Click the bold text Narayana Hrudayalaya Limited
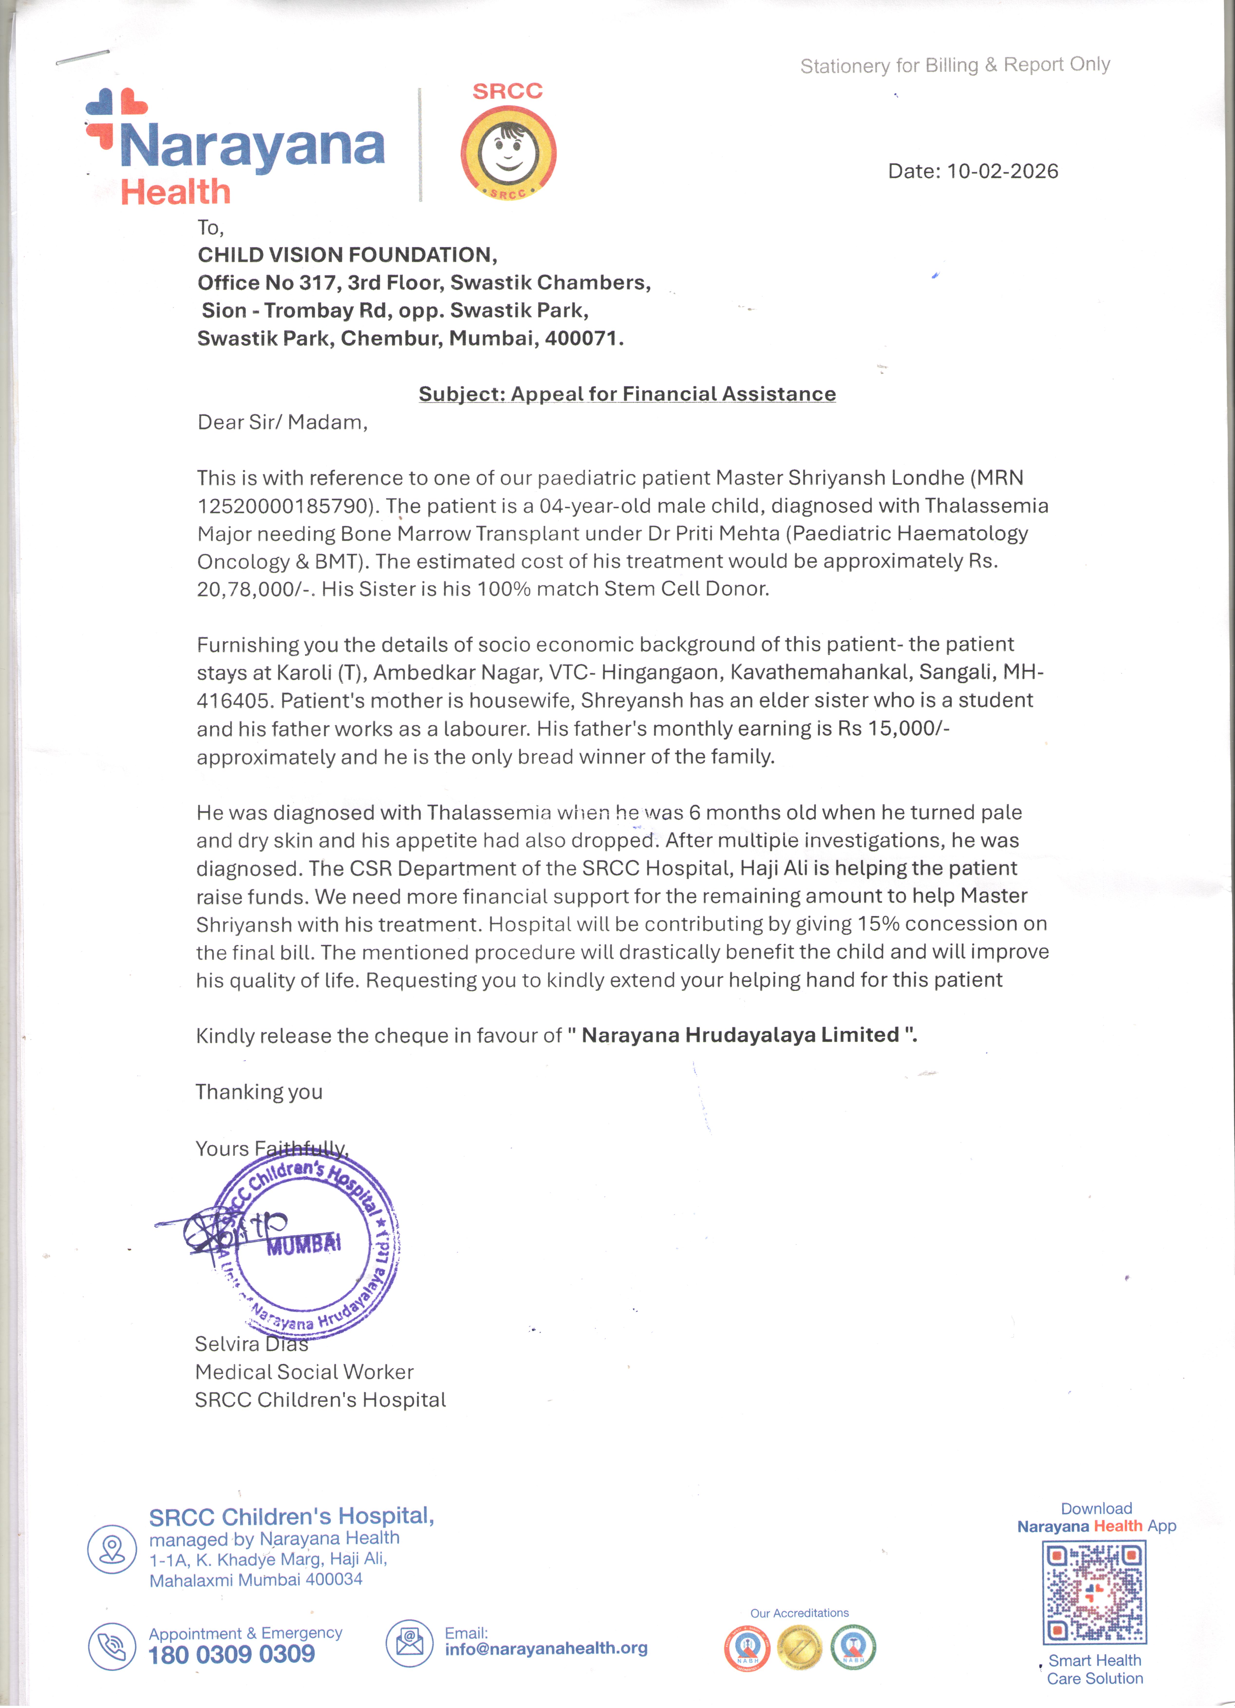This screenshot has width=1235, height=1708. [740, 1035]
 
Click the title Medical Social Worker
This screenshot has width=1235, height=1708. [304, 1372]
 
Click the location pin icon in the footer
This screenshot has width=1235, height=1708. [112, 1549]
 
